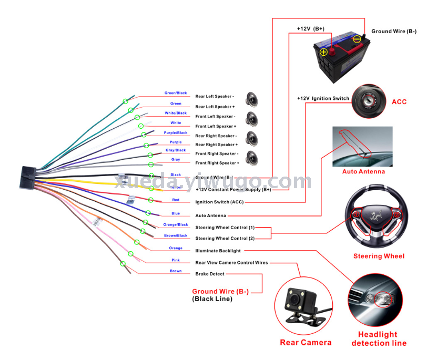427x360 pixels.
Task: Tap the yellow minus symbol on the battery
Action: [357, 39]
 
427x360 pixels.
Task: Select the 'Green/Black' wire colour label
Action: [176, 93]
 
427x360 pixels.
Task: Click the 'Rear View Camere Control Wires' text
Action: [231, 262]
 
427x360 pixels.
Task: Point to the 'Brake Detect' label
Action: [210, 274]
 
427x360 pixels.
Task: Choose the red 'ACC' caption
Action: [399, 101]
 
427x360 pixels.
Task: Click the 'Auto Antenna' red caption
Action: [363, 171]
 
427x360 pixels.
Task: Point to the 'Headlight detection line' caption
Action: [379, 338]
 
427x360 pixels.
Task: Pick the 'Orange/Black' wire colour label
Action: [176, 224]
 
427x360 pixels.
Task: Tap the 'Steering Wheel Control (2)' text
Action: [225, 239]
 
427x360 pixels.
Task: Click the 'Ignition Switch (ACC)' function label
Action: [219, 202]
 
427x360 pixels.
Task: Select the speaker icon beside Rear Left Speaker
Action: [253, 99]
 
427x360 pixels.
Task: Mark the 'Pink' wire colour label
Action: [176, 260]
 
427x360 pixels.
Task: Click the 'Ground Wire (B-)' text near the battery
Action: [394, 32]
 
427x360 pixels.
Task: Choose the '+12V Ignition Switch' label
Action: [323, 98]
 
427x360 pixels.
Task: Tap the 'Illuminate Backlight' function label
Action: [218, 251]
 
